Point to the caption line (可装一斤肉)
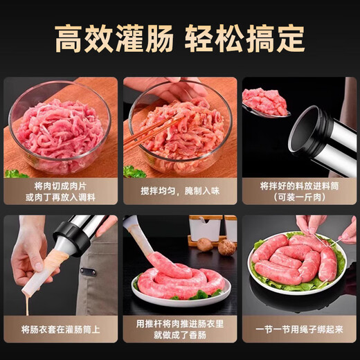(x=298, y=197)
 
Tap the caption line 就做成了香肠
(x=179, y=336)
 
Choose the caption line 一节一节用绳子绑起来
(x=298, y=330)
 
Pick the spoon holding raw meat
(x=264, y=104)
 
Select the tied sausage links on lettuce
(x=294, y=260)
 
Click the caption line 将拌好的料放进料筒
(x=298, y=186)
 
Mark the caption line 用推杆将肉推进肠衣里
(x=179, y=324)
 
